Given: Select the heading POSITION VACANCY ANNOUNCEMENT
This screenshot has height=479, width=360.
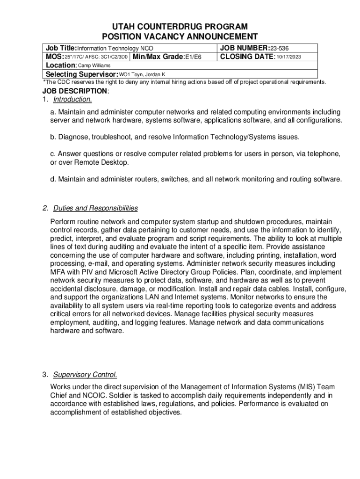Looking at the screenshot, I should pos(180,37).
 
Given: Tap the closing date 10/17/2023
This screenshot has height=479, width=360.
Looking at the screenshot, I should pos(288,57).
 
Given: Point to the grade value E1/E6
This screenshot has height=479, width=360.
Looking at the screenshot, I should pos(193,57).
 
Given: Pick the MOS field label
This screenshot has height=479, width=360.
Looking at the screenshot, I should pos(54,57).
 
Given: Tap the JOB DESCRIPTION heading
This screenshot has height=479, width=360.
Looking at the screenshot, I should pos(75,91).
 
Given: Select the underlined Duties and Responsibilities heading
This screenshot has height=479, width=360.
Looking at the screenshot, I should pos(95,208).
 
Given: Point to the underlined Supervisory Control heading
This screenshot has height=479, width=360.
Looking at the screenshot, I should pos(85,375).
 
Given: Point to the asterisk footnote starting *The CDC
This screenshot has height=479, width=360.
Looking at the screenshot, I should pos(184,82).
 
